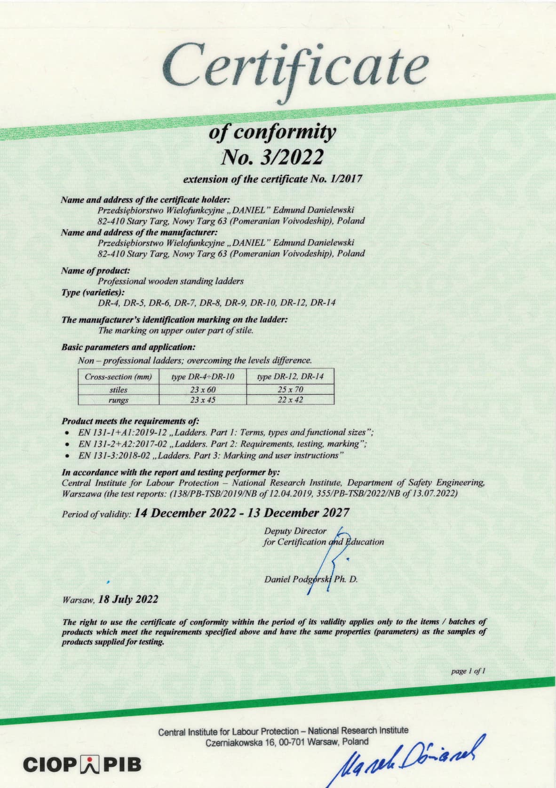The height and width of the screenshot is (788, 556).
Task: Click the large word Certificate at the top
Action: tap(295, 67)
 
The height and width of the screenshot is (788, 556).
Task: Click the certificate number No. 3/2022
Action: tap(272, 157)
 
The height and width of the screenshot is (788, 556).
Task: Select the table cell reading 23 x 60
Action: tap(203, 389)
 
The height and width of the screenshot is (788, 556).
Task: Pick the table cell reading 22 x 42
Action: tap(290, 400)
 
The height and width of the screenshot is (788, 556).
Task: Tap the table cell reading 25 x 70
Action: tap(290, 389)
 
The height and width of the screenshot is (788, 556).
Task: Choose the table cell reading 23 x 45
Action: tap(203, 400)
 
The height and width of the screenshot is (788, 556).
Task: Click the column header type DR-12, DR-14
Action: tap(290, 376)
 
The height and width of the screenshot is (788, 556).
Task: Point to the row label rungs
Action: tap(119, 400)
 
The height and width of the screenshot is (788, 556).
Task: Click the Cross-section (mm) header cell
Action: tap(119, 376)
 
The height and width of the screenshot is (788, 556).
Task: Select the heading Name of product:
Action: tap(95, 271)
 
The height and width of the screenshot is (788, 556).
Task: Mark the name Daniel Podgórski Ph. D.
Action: tap(311, 579)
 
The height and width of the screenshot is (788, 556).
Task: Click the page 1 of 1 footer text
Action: tap(468, 671)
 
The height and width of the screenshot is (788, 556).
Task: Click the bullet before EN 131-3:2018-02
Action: tap(69, 455)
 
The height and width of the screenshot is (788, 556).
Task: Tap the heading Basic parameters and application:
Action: tap(128, 347)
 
